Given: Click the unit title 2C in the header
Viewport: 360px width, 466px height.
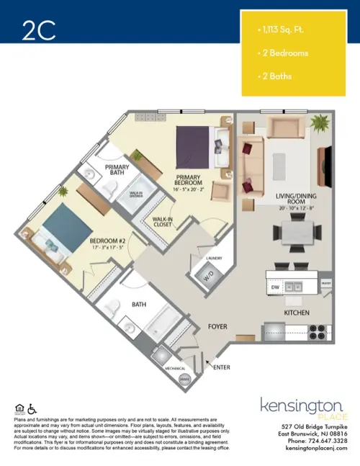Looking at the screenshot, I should click(x=37, y=30).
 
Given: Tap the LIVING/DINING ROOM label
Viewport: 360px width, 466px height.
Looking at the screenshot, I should click(x=284, y=198).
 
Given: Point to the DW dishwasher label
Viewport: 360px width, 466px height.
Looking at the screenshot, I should click(x=275, y=287).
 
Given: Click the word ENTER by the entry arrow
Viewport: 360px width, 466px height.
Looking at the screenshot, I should click(x=222, y=367).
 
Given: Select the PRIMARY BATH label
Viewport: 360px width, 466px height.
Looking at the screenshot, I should click(x=117, y=171).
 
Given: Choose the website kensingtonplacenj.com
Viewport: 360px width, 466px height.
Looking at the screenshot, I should click(x=316, y=448).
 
